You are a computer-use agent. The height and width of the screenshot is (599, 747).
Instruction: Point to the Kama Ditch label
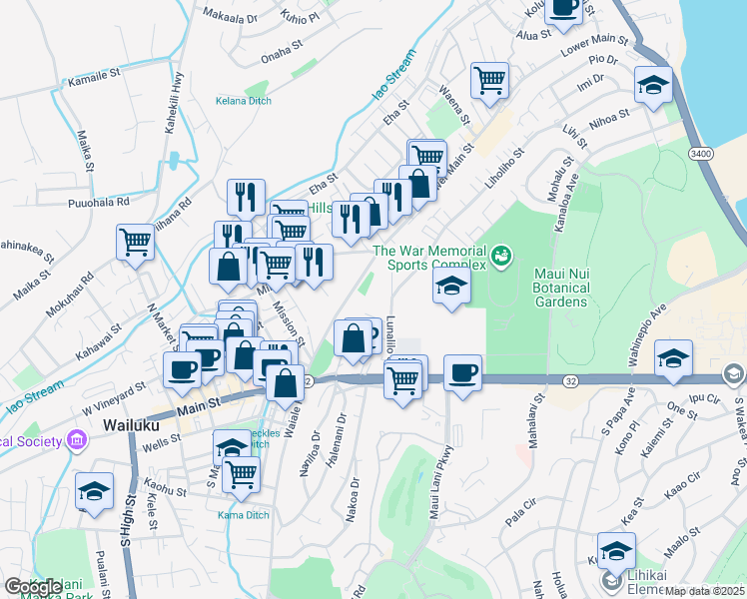pos(243,515)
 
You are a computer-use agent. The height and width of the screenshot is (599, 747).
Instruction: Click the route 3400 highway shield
pos(702,153)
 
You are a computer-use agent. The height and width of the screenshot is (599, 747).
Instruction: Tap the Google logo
pos(33,587)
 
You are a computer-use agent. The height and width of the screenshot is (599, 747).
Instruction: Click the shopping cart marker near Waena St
pos(489,79)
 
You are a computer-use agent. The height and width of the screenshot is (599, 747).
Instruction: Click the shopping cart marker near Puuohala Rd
pos(135,241)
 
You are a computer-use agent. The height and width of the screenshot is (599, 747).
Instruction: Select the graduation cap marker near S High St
pos(95,491)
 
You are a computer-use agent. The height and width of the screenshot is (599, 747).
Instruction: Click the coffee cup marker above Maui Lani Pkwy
pos(462,372)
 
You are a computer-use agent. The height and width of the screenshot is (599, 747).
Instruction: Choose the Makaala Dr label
pos(229,17)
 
